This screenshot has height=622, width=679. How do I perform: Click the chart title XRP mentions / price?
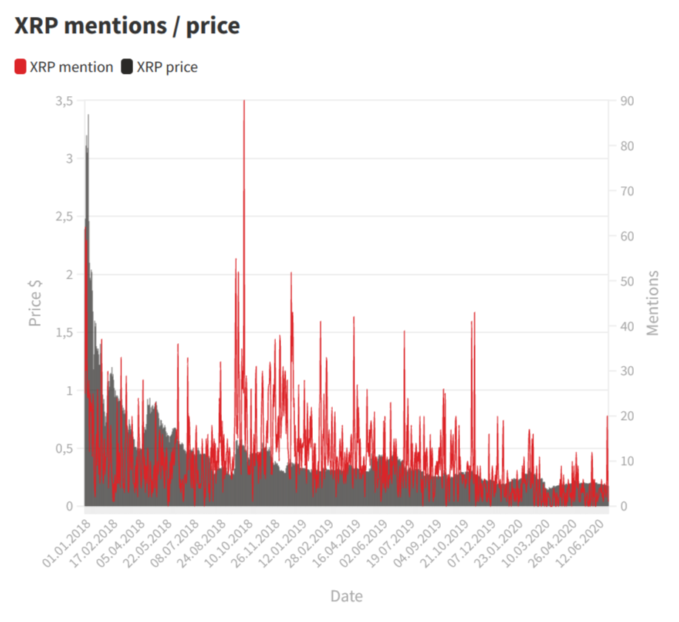(x=127, y=26)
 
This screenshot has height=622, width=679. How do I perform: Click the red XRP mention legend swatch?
(x=21, y=67)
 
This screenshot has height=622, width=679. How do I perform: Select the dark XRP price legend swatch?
(x=126, y=67)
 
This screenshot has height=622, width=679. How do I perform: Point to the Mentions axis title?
(x=652, y=303)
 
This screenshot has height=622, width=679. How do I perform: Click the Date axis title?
(x=346, y=596)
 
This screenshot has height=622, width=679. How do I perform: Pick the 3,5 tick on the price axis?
(x=64, y=101)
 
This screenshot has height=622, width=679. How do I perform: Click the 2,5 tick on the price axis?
(x=64, y=217)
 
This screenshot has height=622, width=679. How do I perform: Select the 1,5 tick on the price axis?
(x=64, y=333)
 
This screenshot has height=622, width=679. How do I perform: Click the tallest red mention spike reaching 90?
(x=244, y=104)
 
